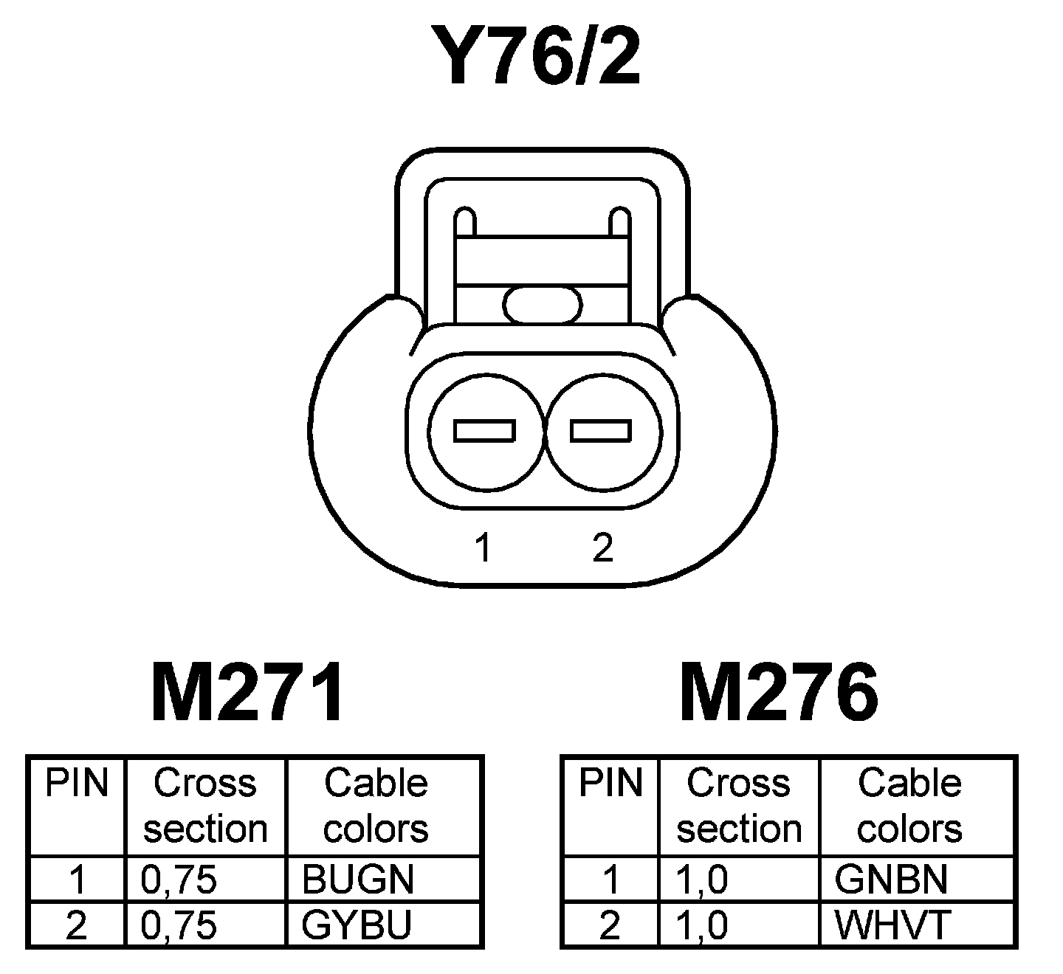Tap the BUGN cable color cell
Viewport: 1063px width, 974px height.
click(358, 879)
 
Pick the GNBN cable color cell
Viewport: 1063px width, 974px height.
click(891, 879)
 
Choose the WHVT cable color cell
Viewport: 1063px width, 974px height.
click(893, 925)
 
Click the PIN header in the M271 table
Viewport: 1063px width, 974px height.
click(77, 784)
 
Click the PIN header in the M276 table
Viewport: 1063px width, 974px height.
click(610, 784)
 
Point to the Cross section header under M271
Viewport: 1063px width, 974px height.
click(205, 806)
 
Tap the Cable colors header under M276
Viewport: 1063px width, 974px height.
click(909, 806)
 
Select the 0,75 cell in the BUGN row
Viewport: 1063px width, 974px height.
click(179, 879)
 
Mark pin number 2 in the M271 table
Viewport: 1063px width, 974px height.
click(76, 925)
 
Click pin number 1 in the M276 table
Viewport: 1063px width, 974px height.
click(610, 879)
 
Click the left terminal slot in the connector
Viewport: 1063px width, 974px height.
click(484, 431)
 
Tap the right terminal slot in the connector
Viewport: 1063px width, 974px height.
click(601, 431)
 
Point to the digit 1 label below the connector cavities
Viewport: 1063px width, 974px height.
click(484, 548)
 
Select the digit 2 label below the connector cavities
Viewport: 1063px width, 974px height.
click(602, 548)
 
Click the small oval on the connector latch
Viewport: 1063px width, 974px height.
click(543, 304)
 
